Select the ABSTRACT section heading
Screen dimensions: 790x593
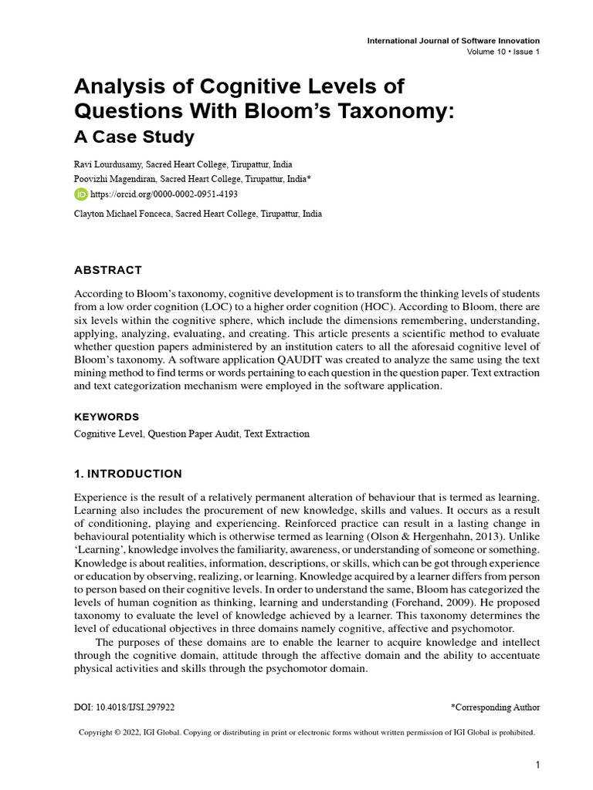(107, 270)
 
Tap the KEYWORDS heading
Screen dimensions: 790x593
(107, 417)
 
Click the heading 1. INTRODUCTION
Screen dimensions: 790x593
(127, 474)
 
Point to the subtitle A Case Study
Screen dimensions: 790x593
(134, 138)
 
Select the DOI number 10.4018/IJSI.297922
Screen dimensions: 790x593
(141, 707)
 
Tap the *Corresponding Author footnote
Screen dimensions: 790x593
(495, 707)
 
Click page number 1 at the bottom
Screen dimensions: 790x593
(537, 765)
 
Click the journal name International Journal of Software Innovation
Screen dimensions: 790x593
(453, 41)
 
